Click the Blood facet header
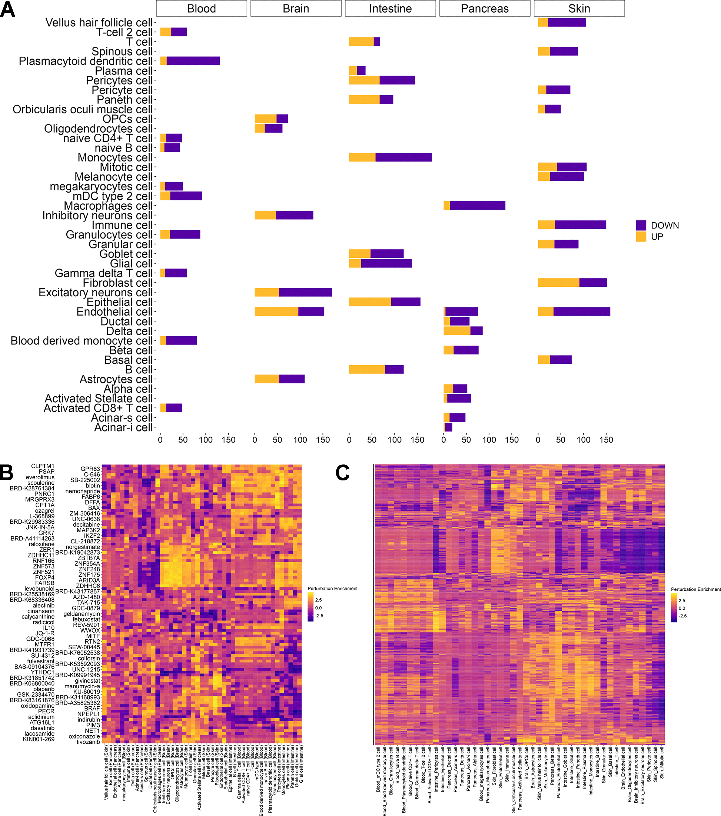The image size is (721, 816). click(x=201, y=9)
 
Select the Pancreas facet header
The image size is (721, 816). click(x=484, y=9)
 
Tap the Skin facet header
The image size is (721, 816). click(x=579, y=9)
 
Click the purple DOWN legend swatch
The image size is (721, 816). click(x=641, y=225)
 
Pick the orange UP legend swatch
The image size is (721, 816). click(x=641, y=237)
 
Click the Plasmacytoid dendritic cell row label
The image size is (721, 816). click(x=86, y=61)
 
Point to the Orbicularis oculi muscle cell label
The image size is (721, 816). click(x=82, y=109)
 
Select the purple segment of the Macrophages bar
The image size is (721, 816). click(x=477, y=206)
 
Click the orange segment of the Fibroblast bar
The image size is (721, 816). click(x=558, y=283)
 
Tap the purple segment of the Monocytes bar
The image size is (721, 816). click(x=403, y=157)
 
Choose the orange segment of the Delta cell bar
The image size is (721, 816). click(x=457, y=331)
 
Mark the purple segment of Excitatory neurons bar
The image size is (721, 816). click(x=305, y=292)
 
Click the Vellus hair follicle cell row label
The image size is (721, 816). click(x=99, y=23)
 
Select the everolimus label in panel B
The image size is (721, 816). click(x=40, y=477)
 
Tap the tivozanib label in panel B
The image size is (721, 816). click(x=88, y=742)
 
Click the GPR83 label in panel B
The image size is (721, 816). click(x=90, y=469)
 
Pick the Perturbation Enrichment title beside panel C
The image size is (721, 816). click(x=695, y=589)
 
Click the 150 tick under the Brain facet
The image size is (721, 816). click(x=323, y=440)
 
